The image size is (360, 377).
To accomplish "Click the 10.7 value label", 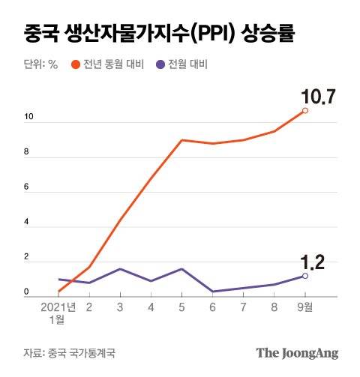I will click(x=317, y=97).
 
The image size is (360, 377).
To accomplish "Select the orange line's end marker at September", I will click(x=304, y=111).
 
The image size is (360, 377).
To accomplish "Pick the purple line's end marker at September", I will click(x=304, y=276).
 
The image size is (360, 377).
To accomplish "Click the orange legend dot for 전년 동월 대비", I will click(x=75, y=64).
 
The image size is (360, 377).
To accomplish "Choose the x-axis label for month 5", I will click(x=181, y=307).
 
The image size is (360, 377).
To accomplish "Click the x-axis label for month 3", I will click(x=120, y=307).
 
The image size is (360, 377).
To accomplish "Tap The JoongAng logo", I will click(x=297, y=352).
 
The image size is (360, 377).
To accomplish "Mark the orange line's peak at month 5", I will click(x=181, y=140).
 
